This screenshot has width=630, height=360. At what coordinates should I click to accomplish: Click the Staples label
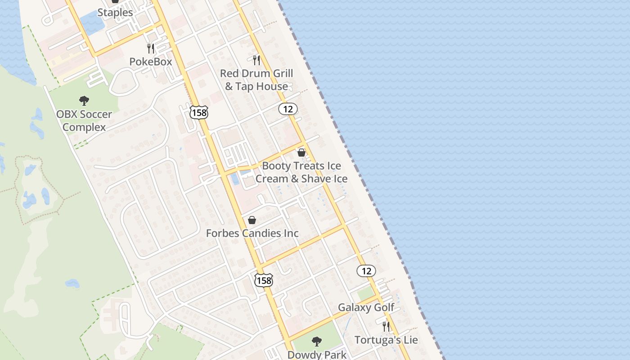[115, 12]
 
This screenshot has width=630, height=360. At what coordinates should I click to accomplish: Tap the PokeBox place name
[151, 62]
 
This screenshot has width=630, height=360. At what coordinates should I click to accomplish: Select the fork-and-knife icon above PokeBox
[151, 48]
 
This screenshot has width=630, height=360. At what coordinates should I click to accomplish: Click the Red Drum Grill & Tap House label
[256, 80]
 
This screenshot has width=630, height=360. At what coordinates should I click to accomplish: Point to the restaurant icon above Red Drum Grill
[256, 60]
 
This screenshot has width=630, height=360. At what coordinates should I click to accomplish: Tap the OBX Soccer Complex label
[84, 121]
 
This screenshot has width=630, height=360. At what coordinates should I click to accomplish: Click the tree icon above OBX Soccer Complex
[84, 101]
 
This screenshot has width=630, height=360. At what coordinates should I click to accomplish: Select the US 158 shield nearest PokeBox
[198, 112]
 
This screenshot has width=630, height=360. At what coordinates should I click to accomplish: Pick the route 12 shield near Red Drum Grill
[288, 108]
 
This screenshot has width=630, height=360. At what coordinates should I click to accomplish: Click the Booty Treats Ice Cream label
[301, 172]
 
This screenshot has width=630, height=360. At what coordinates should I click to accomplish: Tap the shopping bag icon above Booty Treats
[301, 153]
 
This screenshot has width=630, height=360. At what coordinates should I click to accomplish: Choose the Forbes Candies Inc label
[252, 233]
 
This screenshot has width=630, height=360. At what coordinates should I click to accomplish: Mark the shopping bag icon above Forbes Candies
[252, 220]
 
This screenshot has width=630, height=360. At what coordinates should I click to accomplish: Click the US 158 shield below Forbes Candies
[263, 280]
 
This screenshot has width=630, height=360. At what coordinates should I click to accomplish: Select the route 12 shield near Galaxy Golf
[366, 270]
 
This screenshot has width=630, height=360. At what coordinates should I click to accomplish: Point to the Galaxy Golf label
[366, 307]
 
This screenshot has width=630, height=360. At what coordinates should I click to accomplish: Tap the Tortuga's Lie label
[386, 340]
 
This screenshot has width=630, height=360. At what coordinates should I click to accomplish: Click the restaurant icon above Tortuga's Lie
[386, 326]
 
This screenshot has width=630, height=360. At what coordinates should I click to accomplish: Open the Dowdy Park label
[317, 355]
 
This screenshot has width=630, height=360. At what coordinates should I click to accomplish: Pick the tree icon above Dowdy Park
[317, 342]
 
